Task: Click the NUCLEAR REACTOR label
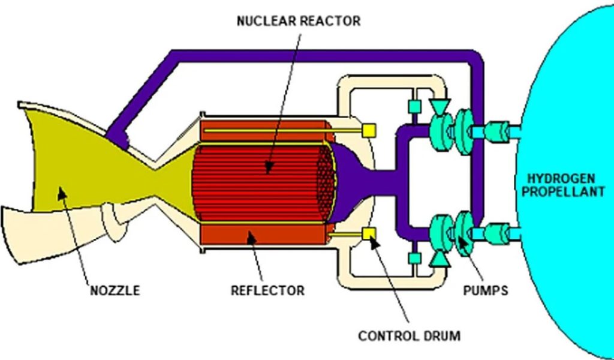pos(299,22)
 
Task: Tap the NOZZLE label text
pos(115,291)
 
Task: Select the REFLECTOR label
pos(267,291)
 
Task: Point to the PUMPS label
pos(486,291)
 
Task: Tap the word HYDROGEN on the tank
pos(561,178)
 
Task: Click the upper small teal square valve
pos(414,106)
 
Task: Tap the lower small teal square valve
pos(414,258)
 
